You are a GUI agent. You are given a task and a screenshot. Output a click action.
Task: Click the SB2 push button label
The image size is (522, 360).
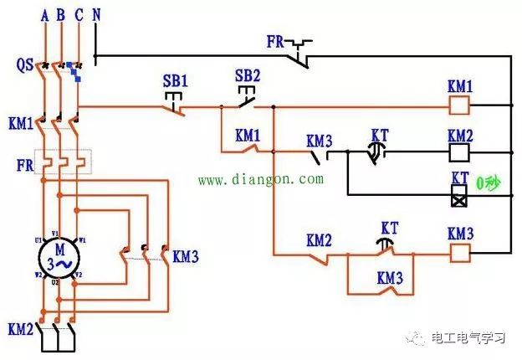click(x=248, y=75)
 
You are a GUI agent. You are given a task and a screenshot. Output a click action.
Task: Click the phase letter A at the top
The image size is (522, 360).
click(x=43, y=14)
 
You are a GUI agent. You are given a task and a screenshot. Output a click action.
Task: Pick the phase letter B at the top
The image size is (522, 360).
click(x=60, y=14)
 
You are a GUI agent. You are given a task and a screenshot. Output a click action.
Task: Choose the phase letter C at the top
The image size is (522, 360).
click(x=78, y=14)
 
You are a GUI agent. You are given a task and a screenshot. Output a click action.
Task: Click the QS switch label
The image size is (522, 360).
click(x=24, y=64)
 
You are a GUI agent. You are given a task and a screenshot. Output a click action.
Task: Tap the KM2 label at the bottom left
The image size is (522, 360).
click(x=20, y=328)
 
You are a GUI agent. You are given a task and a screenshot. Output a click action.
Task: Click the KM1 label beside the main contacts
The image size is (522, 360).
click(x=20, y=123)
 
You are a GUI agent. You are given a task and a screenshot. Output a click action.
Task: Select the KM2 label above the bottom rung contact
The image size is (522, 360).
click(x=319, y=240)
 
